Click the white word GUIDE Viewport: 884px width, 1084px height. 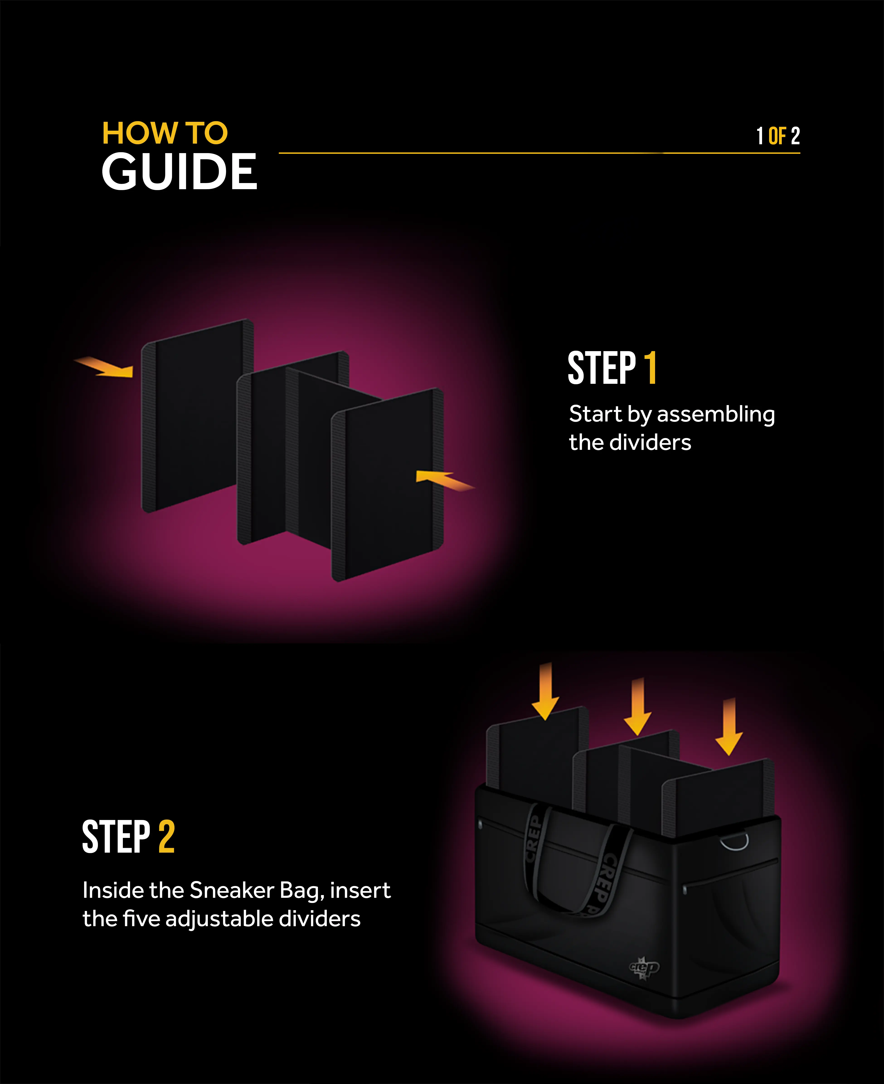pyautogui.click(x=179, y=172)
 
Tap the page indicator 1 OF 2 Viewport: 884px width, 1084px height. pyautogui.click(x=777, y=136)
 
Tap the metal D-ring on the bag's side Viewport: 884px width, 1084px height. pyautogui.click(x=735, y=842)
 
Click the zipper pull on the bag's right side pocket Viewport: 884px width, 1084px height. pyautogui.click(x=685, y=890)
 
